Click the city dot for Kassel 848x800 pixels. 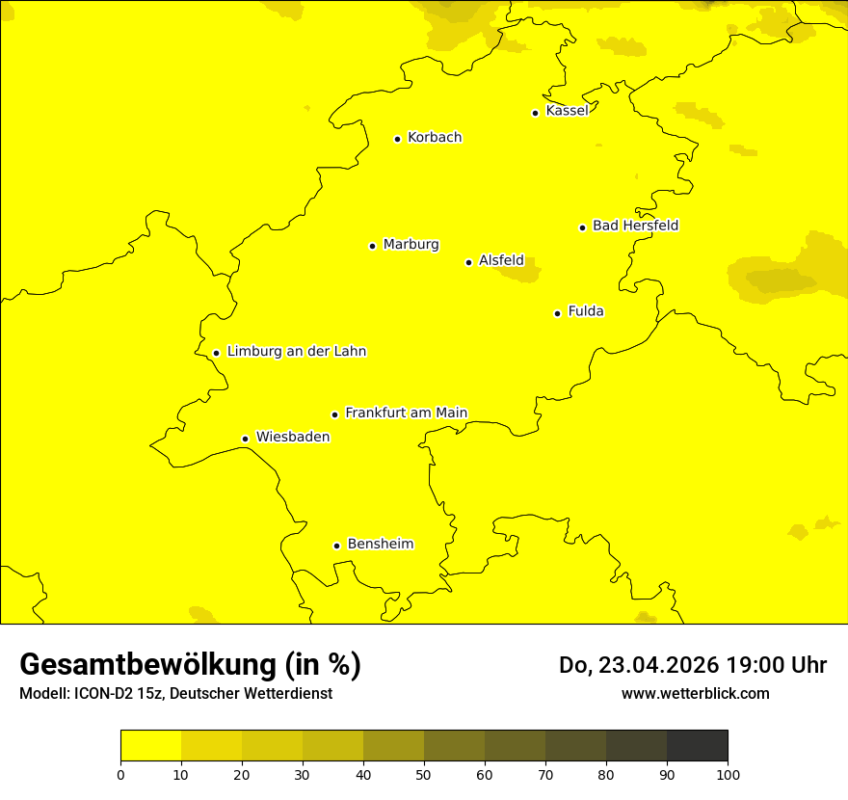[x=535, y=113]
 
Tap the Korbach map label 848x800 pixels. [x=435, y=138]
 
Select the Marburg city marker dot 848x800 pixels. [x=372, y=246]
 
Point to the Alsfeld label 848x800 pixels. [x=501, y=260]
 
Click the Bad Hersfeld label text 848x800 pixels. [x=635, y=226]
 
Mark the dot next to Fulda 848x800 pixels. [x=557, y=313]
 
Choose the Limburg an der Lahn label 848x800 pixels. [x=297, y=352]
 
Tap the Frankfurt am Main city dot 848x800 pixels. [x=334, y=414]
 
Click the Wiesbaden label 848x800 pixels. [x=293, y=437]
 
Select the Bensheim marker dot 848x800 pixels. [x=336, y=546]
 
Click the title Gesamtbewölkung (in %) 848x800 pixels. [x=190, y=665]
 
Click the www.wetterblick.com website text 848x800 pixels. [x=695, y=694]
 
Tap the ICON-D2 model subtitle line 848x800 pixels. [x=175, y=694]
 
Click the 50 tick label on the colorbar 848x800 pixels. [x=424, y=774]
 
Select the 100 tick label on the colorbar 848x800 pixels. [x=728, y=774]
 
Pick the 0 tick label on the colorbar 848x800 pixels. [x=120, y=774]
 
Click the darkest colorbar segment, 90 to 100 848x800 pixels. [x=697, y=746]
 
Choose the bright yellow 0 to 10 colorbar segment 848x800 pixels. [x=150, y=746]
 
